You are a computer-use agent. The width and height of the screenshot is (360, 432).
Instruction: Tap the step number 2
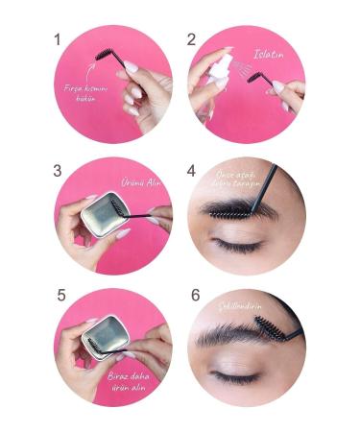click(x=192, y=41)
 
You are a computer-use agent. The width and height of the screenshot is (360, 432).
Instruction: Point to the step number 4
click(x=192, y=170)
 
